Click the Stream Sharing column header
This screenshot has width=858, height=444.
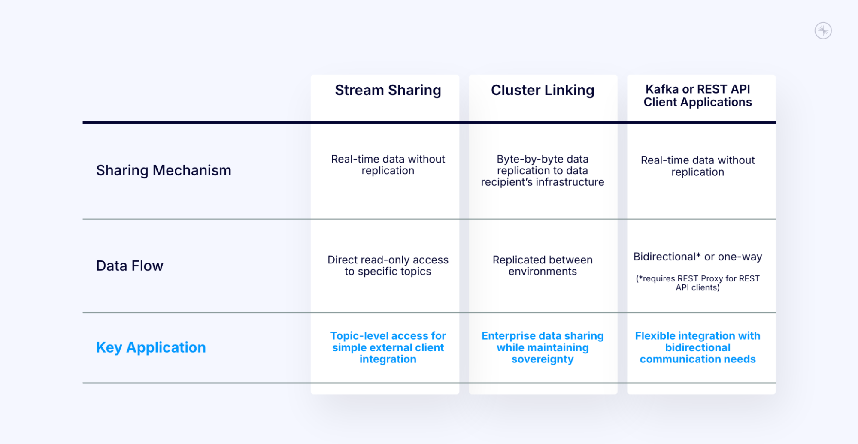click(x=388, y=91)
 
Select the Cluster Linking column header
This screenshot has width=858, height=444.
click(x=542, y=91)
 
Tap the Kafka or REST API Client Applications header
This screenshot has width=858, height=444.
click(x=697, y=96)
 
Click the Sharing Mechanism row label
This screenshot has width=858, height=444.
click(x=164, y=171)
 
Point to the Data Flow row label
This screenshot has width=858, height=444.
click(x=130, y=266)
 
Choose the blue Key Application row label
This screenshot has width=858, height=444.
click(x=151, y=347)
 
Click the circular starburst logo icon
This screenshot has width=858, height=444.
click(x=823, y=31)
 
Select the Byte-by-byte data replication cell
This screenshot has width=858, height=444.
click(x=542, y=171)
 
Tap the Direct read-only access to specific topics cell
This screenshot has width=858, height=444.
click(x=388, y=266)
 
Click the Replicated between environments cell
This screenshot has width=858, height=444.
click(x=542, y=266)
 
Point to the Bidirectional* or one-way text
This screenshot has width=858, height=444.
click(x=697, y=257)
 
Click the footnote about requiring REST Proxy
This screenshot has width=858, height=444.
click(x=697, y=283)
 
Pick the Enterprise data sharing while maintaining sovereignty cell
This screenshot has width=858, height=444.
click(x=542, y=347)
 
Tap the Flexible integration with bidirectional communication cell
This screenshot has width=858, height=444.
click(x=697, y=347)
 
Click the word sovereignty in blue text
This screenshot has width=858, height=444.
click(x=542, y=359)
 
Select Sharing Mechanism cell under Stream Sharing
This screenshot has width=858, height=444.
click(x=388, y=165)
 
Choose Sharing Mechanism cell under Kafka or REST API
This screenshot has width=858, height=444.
click(x=697, y=166)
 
